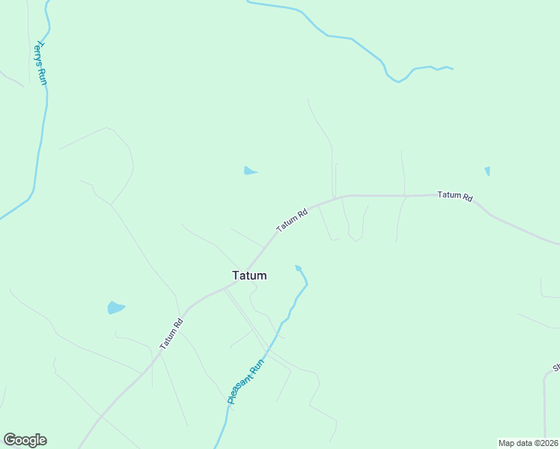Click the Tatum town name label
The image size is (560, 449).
(249, 275)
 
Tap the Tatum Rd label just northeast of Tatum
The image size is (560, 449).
(292, 220)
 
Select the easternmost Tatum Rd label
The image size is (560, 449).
(455, 196)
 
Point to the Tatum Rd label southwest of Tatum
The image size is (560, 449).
(171, 334)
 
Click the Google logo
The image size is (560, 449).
(25, 440)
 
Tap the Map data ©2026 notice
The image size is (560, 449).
(528, 443)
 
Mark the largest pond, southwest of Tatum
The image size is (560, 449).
(115, 308)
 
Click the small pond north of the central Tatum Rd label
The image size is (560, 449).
(249, 171)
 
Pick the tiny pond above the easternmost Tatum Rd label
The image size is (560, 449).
(487, 171)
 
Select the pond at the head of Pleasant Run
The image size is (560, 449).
(299, 267)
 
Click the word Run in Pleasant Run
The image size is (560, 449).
(257, 369)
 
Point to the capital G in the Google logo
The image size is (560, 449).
(10, 440)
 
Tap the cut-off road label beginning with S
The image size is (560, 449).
(556, 367)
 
